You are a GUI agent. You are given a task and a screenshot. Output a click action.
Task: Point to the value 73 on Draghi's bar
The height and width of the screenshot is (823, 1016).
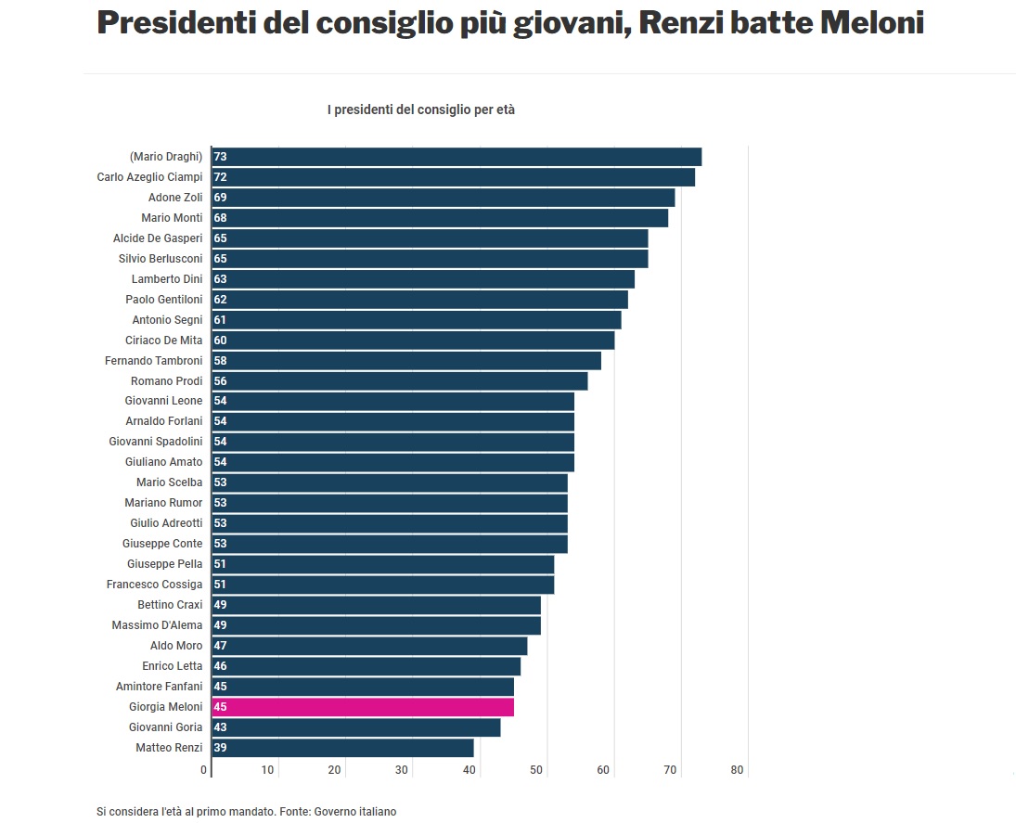tap(220, 157)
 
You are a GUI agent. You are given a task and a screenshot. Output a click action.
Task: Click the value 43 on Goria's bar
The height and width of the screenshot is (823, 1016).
tap(220, 727)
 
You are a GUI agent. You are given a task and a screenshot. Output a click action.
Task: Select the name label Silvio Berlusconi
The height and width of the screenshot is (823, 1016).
tap(161, 259)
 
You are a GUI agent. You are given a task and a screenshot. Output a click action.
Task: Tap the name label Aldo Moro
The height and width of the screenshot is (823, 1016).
tap(176, 646)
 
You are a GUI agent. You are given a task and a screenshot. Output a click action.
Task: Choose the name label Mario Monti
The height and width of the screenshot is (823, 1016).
tap(172, 218)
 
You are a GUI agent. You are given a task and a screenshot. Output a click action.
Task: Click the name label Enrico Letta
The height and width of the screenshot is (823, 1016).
tap(172, 666)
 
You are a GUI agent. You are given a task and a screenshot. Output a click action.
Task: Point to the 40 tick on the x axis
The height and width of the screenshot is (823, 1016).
tap(469, 770)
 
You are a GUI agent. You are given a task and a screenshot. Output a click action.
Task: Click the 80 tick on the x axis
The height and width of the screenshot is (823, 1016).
tap(737, 770)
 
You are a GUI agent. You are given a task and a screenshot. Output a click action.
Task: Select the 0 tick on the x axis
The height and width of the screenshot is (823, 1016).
tap(204, 770)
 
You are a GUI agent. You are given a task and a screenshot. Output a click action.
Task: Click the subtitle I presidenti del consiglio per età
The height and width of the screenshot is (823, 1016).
tap(420, 109)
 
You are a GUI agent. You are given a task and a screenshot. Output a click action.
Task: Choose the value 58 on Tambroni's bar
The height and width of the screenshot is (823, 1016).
tap(220, 361)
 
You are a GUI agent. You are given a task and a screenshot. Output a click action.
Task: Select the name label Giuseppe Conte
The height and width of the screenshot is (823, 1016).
tap(162, 544)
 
